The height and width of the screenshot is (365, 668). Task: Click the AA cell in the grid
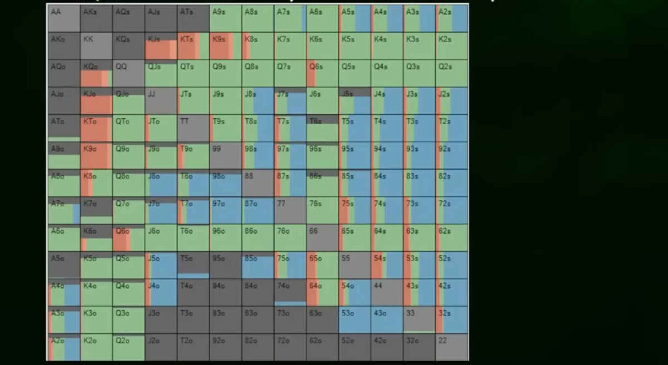tap(63, 18)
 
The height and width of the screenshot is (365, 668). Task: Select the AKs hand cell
tap(96, 18)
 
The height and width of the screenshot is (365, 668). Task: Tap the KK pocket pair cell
tap(96, 46)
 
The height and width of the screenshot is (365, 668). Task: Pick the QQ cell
tap(128, 73)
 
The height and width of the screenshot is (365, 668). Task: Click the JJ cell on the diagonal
tap(160, 101)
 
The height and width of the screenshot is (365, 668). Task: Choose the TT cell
tap(193, 128)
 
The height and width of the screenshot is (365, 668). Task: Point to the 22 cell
tap(452, 347)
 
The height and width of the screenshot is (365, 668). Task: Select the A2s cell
tap(452, 18)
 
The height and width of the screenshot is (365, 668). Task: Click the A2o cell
tap(63, 347)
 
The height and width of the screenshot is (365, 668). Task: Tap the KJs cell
tap(160, 46)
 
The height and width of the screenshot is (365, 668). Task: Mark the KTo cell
tap(96, 128)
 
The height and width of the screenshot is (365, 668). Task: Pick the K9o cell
tap(96, 155)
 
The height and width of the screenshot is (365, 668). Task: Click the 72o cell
tap(290, 347)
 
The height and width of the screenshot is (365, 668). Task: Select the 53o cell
tap(355, 320)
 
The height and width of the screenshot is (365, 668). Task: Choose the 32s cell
tap(452, 320)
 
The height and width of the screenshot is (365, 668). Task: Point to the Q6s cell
tap(322, 73)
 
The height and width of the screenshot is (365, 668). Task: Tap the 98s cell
tap(258, 155)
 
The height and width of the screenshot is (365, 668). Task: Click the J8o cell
tap(160, 183)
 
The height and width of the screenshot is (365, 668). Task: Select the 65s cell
tap(355, 238)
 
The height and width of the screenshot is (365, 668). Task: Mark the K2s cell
tap(452, 46)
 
